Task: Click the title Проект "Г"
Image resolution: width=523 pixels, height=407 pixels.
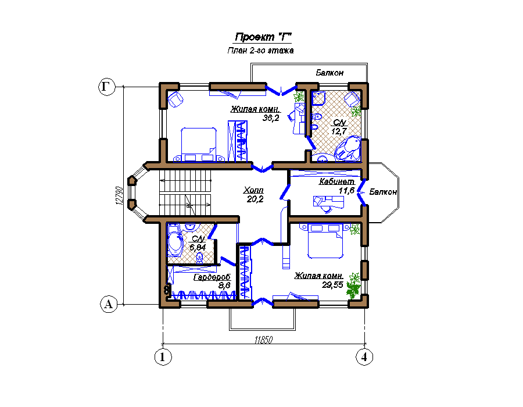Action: click(263, 37)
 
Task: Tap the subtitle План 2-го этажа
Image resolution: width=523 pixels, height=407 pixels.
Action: click(260, 51)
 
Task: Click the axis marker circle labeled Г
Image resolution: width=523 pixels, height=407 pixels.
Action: click(107, 87)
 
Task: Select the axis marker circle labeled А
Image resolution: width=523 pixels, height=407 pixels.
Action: click(109, 304)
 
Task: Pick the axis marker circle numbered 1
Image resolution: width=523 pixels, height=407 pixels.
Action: click(163, 357)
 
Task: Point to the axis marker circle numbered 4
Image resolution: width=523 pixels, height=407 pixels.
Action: click(364, 357)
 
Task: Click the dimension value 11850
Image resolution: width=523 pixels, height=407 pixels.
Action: click(263, 340)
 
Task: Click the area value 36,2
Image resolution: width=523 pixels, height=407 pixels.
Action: click(271, 118)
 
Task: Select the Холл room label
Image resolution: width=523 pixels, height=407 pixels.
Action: click(253, 190)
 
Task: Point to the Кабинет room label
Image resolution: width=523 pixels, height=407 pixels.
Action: click(337, 181)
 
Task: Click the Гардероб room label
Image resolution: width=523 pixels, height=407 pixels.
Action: click(212, 277)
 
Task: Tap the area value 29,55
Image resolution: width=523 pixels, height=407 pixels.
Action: click(332, 285)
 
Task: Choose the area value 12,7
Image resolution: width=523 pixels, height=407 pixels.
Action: click(339, 131)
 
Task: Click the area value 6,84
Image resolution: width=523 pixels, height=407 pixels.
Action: click(198, 248)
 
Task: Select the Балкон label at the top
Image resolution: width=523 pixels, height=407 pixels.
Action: click(329, 73)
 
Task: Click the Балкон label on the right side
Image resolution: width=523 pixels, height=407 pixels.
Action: click(383, 192)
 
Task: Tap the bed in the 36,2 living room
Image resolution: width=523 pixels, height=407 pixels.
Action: click(199, 144)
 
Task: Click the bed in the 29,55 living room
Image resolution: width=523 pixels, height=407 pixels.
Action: click(325, 241)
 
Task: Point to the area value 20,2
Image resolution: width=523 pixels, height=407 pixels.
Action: click(255, 199)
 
